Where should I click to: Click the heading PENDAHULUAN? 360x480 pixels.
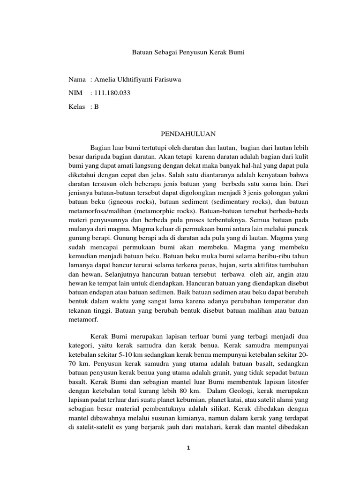point(188,134)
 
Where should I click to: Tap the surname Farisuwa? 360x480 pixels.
point(165,80)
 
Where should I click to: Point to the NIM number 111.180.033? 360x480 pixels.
point(112,93)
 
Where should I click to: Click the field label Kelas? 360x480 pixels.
point(76,106)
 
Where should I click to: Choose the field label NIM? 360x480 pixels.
point(75,93)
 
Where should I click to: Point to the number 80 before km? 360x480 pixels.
point(185,390)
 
